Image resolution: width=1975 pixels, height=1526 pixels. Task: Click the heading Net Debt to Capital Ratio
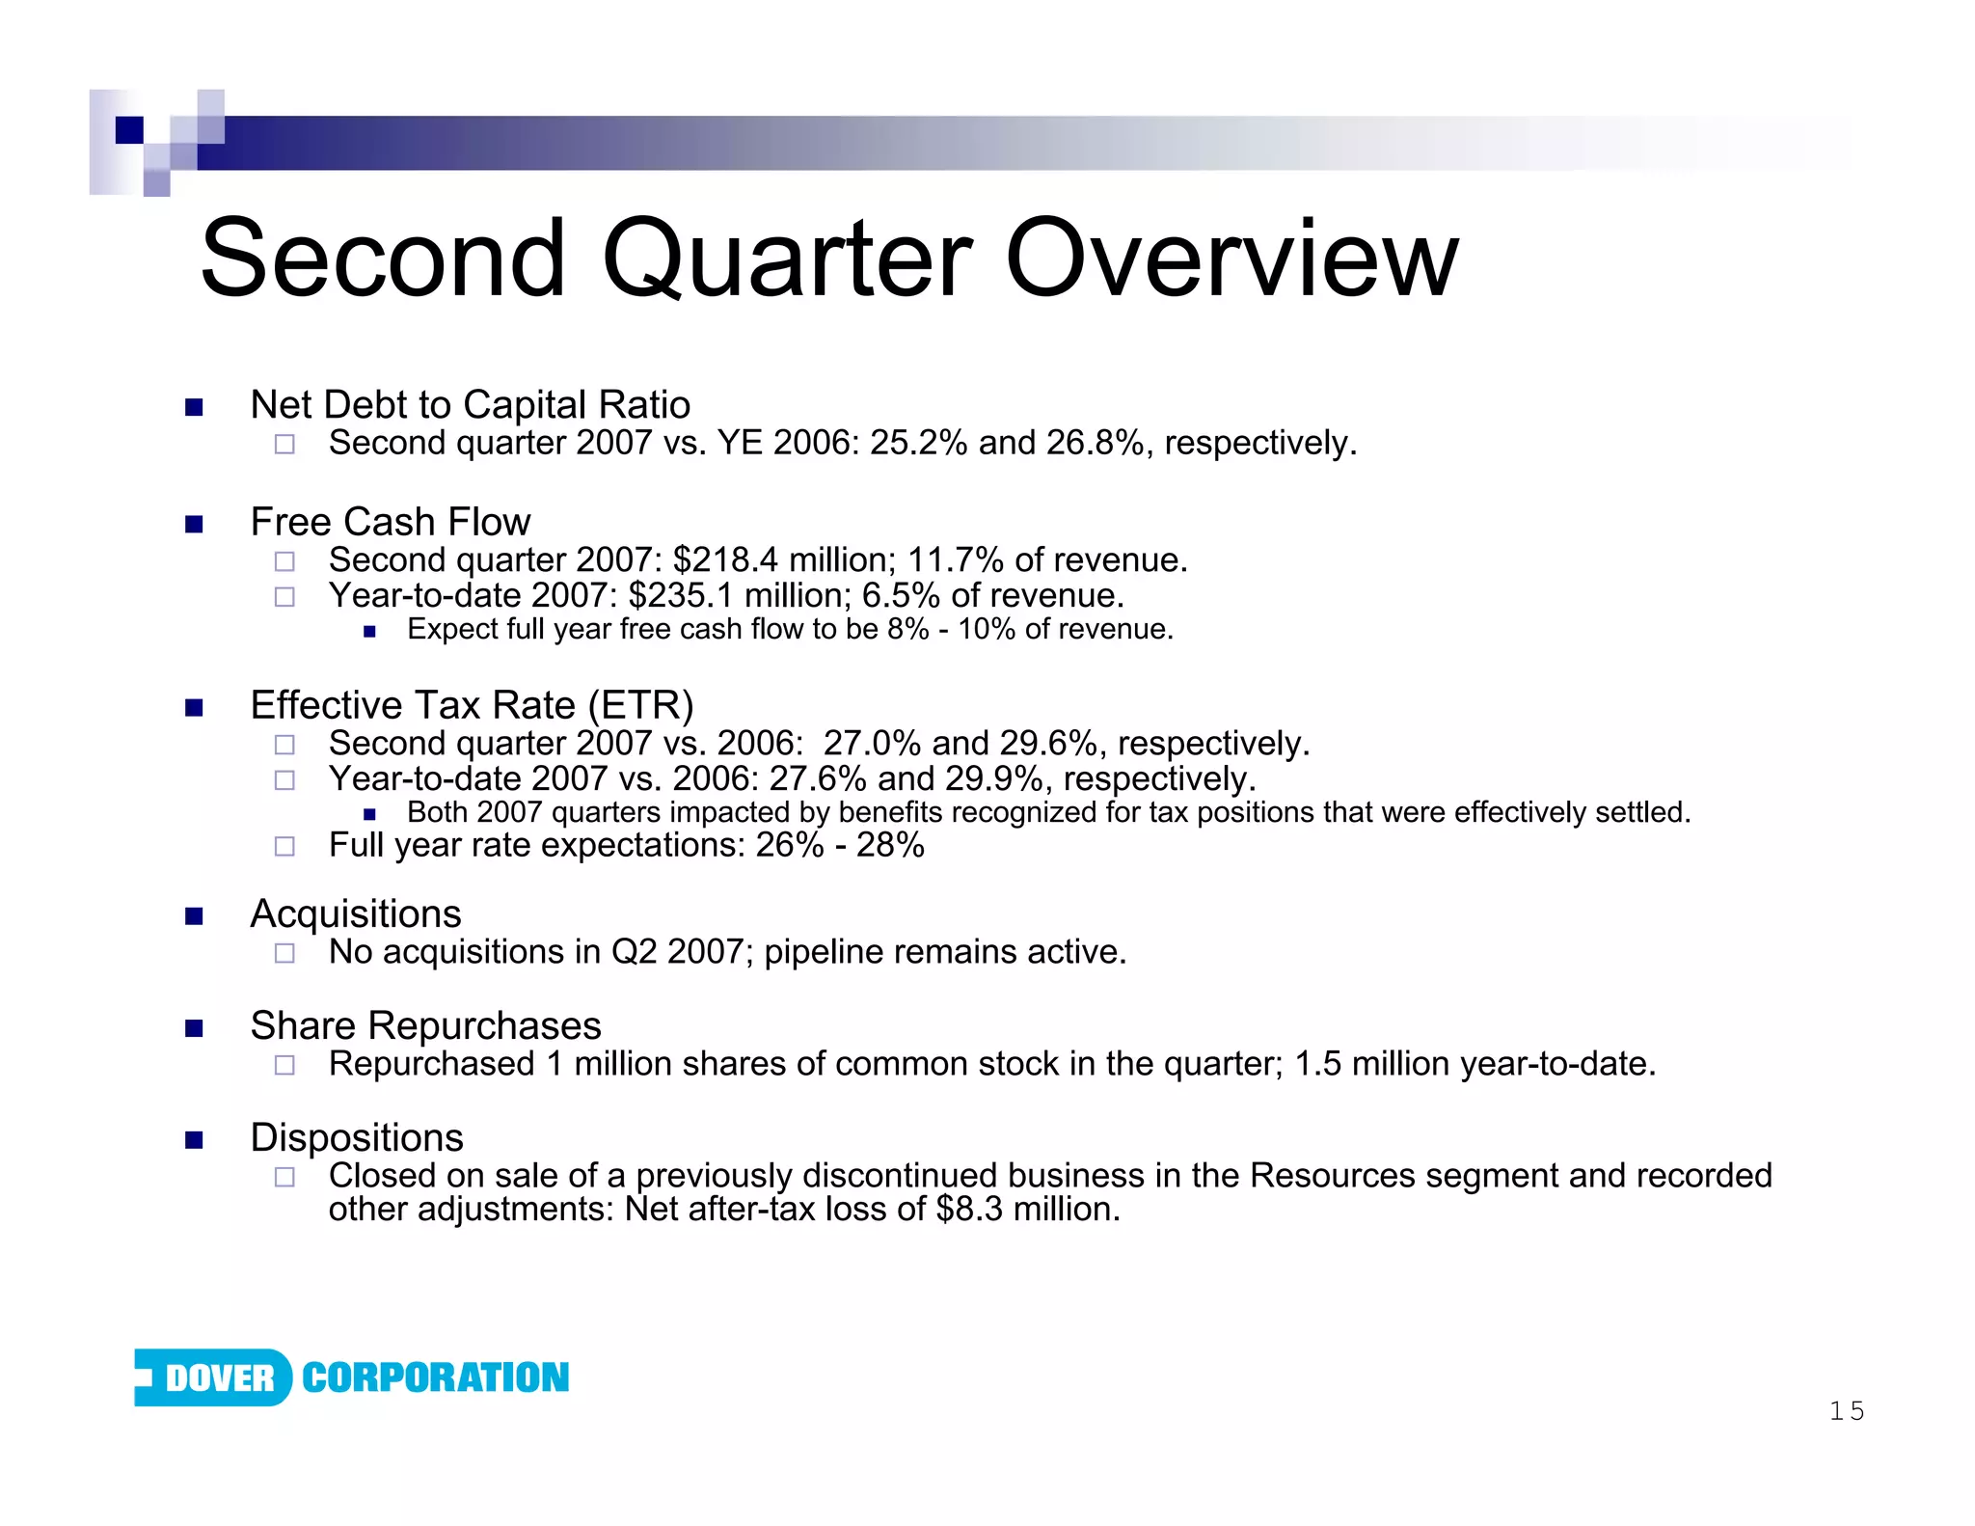tap(470, 405)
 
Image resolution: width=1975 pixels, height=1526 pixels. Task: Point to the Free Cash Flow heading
tap(390, 522)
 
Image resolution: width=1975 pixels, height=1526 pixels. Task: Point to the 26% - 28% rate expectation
tap(839, 846)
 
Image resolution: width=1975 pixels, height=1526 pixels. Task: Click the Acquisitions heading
tap(355, 913)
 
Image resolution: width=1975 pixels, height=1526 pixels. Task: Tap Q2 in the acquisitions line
tap(634, 952)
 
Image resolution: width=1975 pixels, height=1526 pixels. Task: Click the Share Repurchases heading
tap(425, 1025)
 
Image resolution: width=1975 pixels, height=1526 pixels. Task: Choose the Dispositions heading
tap(357, 1137)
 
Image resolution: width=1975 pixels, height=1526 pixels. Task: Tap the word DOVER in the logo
tap(220, 1377)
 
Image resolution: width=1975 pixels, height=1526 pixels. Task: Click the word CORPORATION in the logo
tap(435, 1377)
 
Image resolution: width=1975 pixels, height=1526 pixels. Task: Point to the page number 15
tap(1846, 1411)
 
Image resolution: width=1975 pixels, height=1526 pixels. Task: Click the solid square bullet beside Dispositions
tap(194, 1140)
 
